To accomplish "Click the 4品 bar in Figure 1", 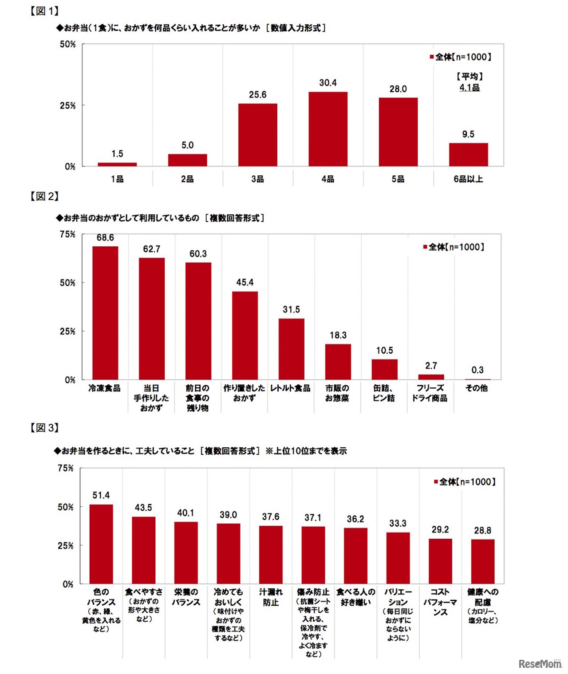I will click(x=328, y=129).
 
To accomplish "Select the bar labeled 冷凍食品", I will click(x=105, y=313).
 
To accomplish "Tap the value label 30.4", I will click(x=328, y=83).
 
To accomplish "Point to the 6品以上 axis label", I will click(x=468, y=179).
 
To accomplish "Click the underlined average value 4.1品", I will click(x=469, y=87).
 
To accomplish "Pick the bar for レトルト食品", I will click(x=292, y=349).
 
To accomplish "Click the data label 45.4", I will click(x=245, y=282).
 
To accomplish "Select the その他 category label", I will click(x=477, y=388).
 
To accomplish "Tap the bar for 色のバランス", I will click(x=101, y=544).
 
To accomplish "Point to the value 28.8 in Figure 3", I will click(x=483, y=530).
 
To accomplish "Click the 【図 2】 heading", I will click(x=44, y=196).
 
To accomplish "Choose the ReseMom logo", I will click(x=540, y=663).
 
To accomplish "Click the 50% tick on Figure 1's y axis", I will click(x=68, y=44).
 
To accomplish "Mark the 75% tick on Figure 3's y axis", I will click(x=66, y=468).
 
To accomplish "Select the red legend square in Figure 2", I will click(x=425, y=247).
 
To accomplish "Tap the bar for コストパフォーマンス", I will click(x=440, y=561).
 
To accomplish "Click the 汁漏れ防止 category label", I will click(x=271, y=597).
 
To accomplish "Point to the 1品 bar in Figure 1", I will click(x=117, y=164).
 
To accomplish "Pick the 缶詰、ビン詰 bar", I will click(x=384, y=369).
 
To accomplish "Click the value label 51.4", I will click(x=101, y=495).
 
